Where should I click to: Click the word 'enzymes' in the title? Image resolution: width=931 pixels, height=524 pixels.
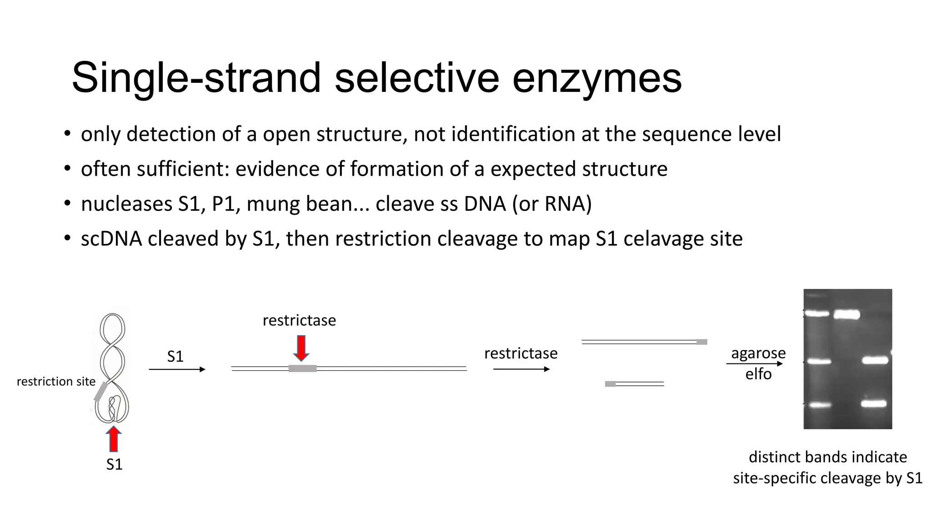[x=597, y=78]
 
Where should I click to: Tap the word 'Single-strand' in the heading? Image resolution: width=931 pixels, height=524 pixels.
[x=196, y=78]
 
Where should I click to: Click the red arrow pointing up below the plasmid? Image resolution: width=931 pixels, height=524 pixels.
[x=114, y=439]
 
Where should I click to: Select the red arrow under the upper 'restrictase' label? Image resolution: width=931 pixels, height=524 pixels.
[x=301, y=348]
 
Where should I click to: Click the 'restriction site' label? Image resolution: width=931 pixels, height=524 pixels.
[x=56, y=381]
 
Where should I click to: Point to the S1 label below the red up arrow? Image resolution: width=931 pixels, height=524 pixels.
[x=114, y=464]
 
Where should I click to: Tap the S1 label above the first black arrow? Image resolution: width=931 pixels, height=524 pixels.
[x=175, y=356]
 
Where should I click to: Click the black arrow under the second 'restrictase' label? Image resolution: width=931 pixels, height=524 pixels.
[x=521, y=369]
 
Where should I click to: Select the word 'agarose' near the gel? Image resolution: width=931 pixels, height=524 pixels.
[x=758, y=353]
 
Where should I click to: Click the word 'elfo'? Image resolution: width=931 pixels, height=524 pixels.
[x=758, y=374]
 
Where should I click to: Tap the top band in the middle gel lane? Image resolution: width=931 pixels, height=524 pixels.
[x=846, y=314]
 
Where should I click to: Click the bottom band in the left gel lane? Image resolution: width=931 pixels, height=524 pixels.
[x=820, y=405]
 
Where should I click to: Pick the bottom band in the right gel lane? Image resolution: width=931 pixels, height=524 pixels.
[x=874, y=403]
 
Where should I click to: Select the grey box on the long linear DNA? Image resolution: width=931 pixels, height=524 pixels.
[x=302, y=368]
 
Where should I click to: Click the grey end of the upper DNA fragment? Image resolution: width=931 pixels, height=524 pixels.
[x=701, y=342]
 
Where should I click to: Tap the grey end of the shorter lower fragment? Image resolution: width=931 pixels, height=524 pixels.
[x=610, y=384]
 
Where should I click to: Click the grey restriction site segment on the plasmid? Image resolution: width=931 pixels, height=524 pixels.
[x=100, y=392]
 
